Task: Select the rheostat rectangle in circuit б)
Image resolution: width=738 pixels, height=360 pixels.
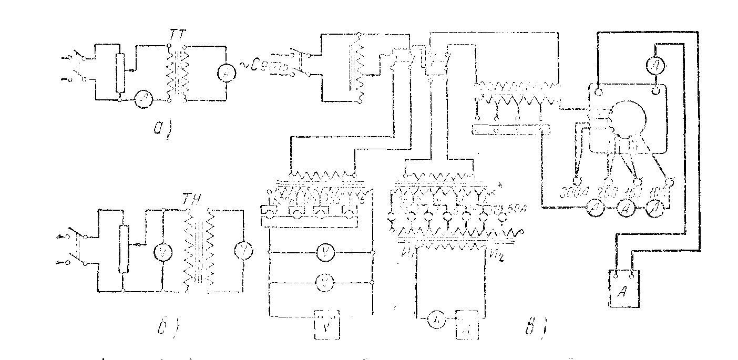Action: pyautogui.click(x=124, y=249)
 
